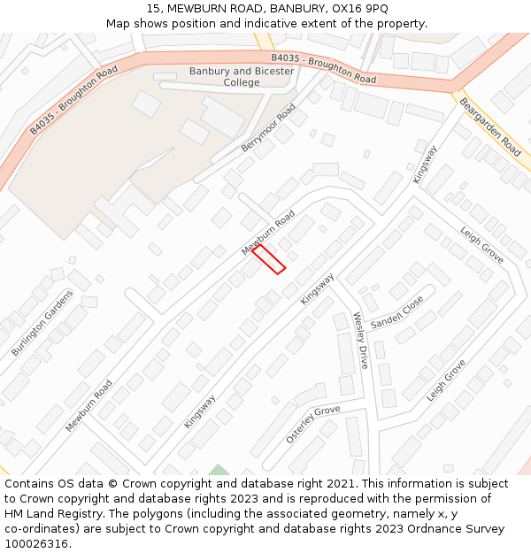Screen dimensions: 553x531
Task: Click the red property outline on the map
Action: [x=269, y=259]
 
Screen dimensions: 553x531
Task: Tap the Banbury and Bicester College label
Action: [x=242, y=77]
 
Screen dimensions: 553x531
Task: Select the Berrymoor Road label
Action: [x=268, y=127]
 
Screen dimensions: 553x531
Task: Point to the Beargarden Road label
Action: [x=489, y=127]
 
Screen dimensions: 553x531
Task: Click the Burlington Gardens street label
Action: [x=42, y=323]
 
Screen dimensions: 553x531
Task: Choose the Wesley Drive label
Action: [x=360, y=340]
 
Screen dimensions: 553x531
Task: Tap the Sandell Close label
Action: [x=397, y=312]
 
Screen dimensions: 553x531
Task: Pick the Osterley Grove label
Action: [x=313, y=425]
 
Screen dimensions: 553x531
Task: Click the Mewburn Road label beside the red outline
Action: [x=268, y=233]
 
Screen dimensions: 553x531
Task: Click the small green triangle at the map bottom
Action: [x=219, y=470]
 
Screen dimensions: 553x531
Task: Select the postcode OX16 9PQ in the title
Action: [x=359, y=8]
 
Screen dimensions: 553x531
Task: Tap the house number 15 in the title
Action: [x=153, y=8]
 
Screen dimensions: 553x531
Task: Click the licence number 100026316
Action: [x=38, y=544]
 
